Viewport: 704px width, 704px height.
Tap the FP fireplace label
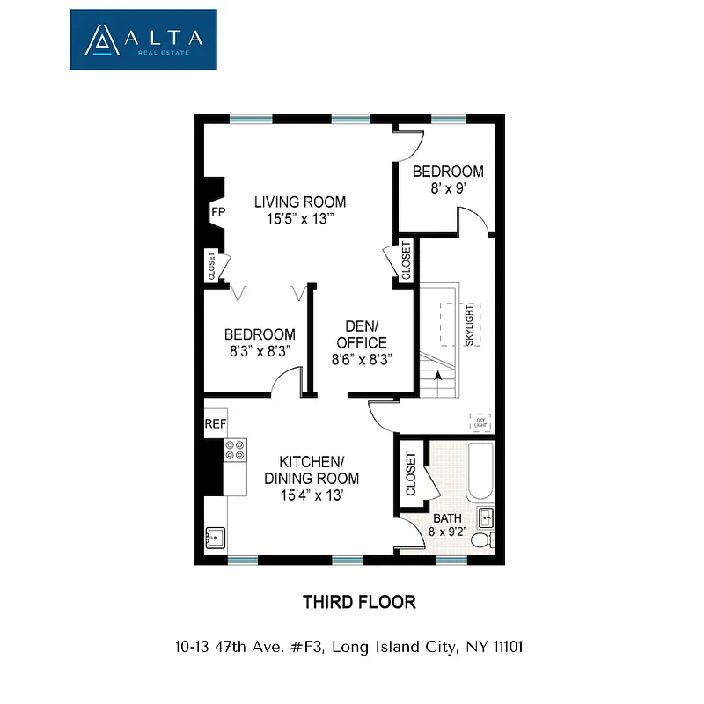coord(217,212)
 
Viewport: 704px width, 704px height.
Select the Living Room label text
coord(300,202)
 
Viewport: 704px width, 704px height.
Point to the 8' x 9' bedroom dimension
coord(448,188)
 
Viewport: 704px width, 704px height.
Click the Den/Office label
coord(361,334)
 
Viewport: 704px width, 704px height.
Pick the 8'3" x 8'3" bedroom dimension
coord(259,351)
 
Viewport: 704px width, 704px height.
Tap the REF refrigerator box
coord(216,424)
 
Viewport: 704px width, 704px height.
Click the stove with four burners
coord(235,451)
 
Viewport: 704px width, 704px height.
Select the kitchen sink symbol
coord(216,536)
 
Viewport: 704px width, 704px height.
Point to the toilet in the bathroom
coord(481,539)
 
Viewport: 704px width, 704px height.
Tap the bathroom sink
coord(486,517)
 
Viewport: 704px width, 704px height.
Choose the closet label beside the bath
coord(411,473)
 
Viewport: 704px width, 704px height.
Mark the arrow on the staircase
coord(437,376)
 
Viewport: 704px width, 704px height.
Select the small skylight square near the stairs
coord(480,422)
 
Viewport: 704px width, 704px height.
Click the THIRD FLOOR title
coord(359,603)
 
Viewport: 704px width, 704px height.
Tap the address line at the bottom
coord(350,647)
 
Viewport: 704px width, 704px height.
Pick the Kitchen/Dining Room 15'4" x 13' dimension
coord(311,495)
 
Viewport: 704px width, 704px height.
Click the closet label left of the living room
coord(211,266)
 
